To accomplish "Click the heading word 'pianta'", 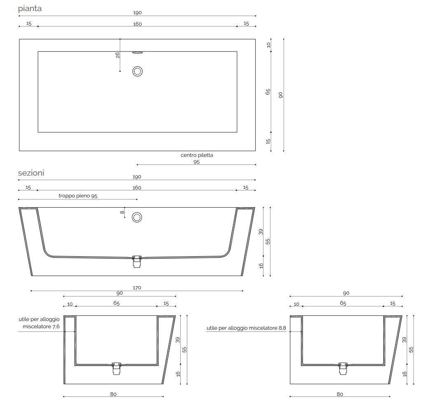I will (x=30, y=8).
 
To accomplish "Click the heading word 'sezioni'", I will (x=31, y=173).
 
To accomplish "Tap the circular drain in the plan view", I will (x=137, y=71).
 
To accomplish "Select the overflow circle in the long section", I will (x=137, y=217).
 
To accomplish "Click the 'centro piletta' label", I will (x=197, y=155).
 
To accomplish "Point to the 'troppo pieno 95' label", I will (x=78, y=197).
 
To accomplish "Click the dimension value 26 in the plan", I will (x=118, y=55).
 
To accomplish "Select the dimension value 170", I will (x=137, y=288).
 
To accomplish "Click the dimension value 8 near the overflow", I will (x=122, y=213).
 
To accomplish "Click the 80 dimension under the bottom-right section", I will (x=340, y=394).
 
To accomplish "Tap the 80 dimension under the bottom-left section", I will (x=113, y=394).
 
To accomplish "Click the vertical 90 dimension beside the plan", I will (x=281, y=95).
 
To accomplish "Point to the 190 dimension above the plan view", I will (x=137, y=13).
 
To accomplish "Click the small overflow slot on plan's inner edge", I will (x=137, y=52).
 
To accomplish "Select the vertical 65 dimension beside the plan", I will (x=268, y=92).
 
